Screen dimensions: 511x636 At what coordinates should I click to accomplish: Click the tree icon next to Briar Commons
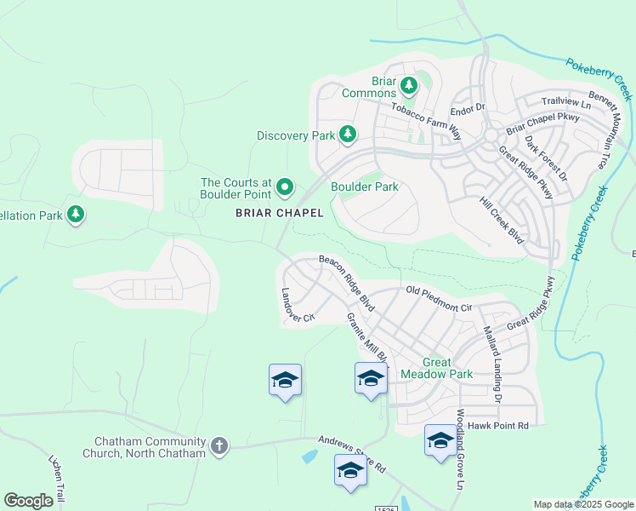tap(409, 85)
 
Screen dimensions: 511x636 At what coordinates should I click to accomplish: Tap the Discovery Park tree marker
tap(347, 135)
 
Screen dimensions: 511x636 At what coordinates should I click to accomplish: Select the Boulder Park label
tap(364, 187)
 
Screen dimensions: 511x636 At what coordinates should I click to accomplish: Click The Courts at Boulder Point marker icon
tap(285, 187)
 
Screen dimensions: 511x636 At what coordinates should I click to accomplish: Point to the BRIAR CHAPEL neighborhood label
tap(279, 214)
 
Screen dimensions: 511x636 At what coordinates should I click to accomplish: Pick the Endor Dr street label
tap(467, 108)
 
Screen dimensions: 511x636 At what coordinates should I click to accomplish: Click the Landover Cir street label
tap(298, 305)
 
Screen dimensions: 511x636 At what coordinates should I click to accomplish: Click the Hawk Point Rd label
tap(498, 425)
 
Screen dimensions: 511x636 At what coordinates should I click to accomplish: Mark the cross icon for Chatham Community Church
tap(219, 445)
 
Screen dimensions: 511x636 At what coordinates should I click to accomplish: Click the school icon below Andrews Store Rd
tap(350, 471)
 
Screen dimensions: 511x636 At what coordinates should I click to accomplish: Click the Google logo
tap(29, 501)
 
